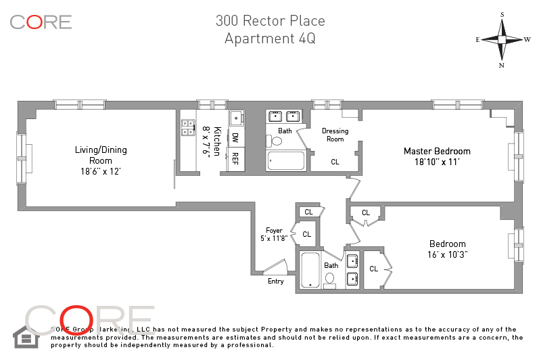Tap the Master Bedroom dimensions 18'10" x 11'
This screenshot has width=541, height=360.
[437, 162]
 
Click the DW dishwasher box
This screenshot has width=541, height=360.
[235, 137]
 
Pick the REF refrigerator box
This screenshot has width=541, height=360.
[235, 158]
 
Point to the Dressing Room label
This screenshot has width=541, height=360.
[335, 135]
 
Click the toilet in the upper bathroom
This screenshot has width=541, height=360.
[275, 141]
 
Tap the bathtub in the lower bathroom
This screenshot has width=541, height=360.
[310, 270]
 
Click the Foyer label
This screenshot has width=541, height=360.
[273, 230]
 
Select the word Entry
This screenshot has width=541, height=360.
[276, 281]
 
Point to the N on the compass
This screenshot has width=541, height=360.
[502, 65]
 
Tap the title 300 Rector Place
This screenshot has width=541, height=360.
[269, 20]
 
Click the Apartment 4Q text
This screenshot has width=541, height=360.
[269, 38]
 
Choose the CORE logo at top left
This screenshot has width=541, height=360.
[41, 22]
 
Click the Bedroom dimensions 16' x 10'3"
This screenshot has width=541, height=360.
[447, 254]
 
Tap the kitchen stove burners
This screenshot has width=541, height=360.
[187, 128]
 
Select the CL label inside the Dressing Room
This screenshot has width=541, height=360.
[335, 162]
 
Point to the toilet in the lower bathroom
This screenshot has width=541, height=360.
[331, 278]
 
